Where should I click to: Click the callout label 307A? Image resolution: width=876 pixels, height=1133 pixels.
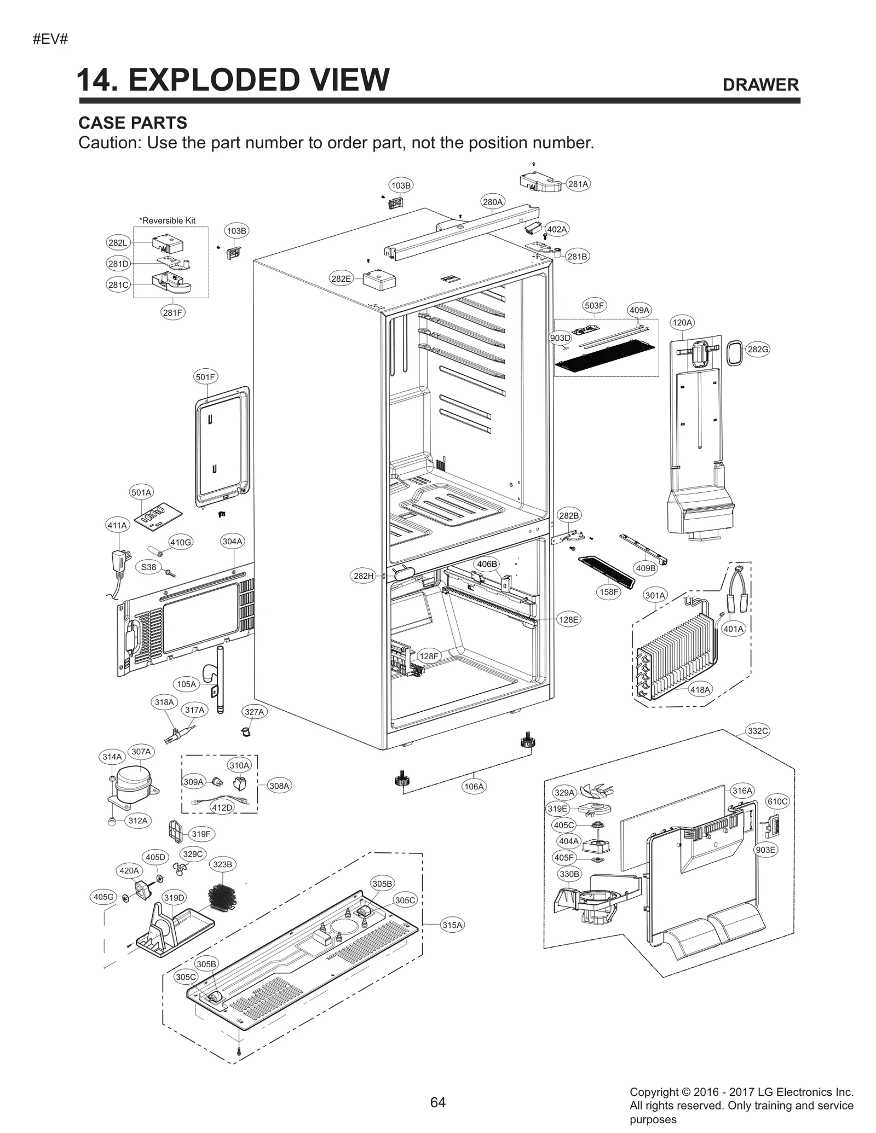tap(141, 752)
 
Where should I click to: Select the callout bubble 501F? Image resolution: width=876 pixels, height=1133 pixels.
tap(206, 377)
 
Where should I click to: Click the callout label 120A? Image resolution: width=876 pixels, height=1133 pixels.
tap(682, 323)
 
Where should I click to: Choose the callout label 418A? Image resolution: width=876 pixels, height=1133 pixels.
tap(700, 689)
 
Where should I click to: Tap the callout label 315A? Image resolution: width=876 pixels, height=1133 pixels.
tap(452, 925)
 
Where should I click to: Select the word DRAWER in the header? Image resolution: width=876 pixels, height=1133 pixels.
tap(760, 85)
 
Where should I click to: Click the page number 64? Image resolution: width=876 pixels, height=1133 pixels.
tap(437, 1102)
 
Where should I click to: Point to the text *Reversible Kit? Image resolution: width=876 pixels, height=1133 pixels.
tap(168, 220)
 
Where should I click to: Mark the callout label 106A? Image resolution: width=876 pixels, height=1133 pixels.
tap(474, 787)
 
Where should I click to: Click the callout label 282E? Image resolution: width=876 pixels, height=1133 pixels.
tap(341, 278)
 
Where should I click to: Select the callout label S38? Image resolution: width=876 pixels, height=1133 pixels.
tap(149, 567)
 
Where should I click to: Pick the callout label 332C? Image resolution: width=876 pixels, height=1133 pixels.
tap(758, 731)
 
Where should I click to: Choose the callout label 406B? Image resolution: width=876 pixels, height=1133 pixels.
tap(487, 564)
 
